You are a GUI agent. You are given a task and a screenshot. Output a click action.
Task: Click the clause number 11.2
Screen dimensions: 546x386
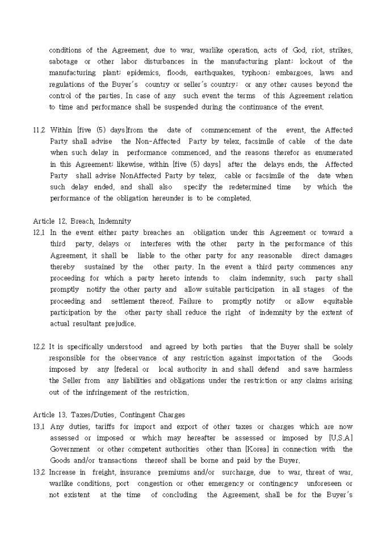click(x=40, y=130)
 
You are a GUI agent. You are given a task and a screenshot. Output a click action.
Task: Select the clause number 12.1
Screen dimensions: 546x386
click(x=40, y=233)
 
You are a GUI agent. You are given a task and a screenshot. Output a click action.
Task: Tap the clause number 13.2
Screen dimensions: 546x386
click(x=40, y=472)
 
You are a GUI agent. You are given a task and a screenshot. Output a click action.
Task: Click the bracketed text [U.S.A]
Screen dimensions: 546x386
click(x=341, y=438)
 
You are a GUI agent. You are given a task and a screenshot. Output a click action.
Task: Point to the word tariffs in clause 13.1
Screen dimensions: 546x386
click(x=102, y=426)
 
